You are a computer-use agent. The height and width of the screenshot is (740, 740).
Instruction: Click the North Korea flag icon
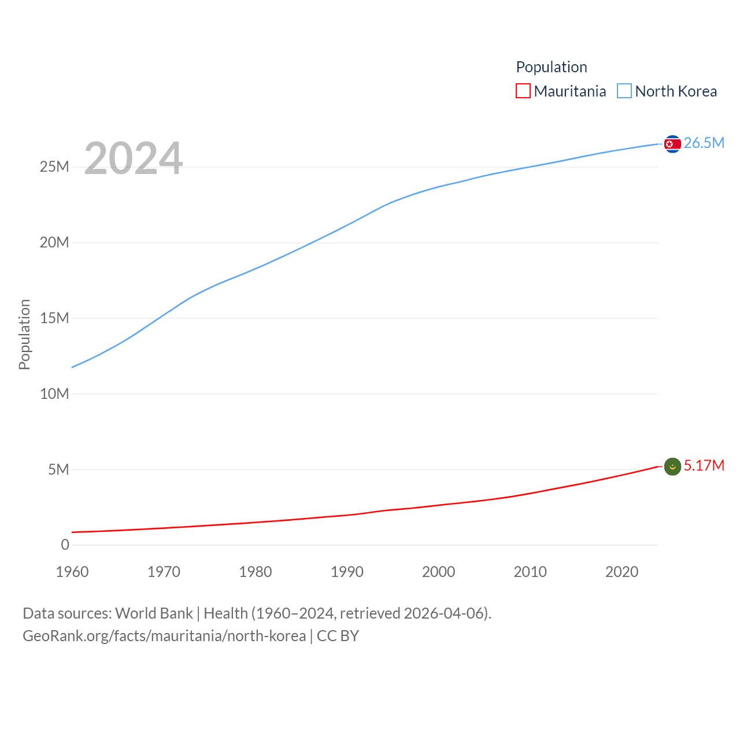(x=672, y=144)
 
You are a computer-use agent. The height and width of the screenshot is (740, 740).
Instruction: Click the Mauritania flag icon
(x=672, y=467)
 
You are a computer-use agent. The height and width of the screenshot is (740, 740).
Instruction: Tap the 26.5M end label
(x=704, y=143)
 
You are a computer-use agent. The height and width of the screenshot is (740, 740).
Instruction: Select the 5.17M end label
(x=704, y=465)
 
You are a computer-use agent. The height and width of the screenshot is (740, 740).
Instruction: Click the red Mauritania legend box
(x=523, y=91)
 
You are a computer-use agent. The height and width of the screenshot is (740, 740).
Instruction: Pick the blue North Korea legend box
(x=624, y=91)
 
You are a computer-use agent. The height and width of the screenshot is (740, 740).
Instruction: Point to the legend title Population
(x=552, y=67)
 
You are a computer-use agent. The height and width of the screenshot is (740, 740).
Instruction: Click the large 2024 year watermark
(x=134, y=158)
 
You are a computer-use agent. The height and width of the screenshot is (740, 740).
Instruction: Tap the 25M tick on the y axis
(x=54, y=167)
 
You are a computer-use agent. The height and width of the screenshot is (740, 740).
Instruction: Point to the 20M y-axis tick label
(x=54, y=243)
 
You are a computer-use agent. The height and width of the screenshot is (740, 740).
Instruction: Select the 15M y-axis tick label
(x=54, y=319)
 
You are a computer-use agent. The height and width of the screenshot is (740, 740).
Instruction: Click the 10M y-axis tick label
(x=54, y=394)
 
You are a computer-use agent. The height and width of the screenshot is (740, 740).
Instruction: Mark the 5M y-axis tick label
(x=58, y=469)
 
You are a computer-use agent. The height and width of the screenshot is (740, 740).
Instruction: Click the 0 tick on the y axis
(x=65, y=545)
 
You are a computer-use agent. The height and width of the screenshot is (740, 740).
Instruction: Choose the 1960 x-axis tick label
(x=72, y=572)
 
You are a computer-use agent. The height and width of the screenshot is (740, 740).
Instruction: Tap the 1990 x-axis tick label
(x=347, y=572)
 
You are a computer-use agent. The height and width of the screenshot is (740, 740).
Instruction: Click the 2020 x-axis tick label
(x=621, y=572)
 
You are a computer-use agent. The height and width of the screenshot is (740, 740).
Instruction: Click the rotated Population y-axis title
(x=24, y=334)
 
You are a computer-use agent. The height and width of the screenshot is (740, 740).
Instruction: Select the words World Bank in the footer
(x=154, y=613)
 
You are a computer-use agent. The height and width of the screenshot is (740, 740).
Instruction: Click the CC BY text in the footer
(x=338, y=636)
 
